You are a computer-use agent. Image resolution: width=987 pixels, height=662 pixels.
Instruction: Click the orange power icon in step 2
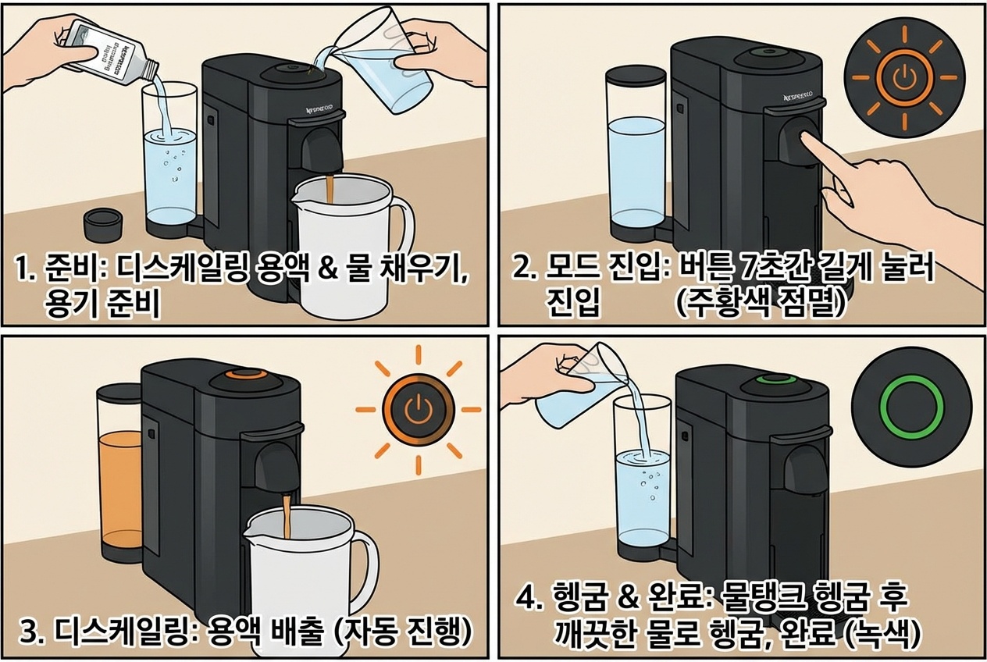pos(905,77)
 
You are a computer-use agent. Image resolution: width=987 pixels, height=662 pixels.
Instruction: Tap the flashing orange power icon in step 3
pos(418,409)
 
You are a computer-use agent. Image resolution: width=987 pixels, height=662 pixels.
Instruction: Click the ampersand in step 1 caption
pos(330,272)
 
